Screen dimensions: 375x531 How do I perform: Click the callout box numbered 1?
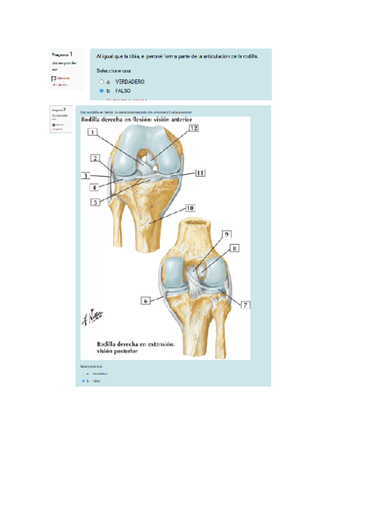(x=92, y=132)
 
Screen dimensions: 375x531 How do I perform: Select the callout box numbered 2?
(x=95, y=158)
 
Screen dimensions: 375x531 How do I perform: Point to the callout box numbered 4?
(x=94, y=187)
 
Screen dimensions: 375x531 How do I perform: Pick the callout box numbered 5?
(x=95, y=202)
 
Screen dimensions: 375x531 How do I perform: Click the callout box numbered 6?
(x=146, y=301)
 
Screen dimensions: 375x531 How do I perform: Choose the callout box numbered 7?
(x=245, y=306)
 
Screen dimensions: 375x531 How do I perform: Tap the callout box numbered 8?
(x=234, y=248)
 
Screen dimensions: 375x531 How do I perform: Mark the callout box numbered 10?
(x=190, y=207)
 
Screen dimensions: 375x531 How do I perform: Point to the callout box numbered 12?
(x=194, y=128)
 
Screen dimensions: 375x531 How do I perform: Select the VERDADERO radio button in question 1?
(x=101, y=82)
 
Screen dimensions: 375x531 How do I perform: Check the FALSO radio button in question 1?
(x=101, y=91)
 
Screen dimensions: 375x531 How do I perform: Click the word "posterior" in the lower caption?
(x=116, y=352)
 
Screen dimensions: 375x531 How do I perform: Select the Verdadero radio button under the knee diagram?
(x=82, y=373)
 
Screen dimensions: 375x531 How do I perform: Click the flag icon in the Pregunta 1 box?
(x=54, y=79)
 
